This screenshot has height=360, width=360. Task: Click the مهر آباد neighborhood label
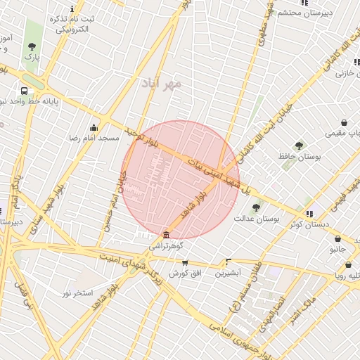point(161,83)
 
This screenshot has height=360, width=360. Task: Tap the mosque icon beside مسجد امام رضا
point(94,127)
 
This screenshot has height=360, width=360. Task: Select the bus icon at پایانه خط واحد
point(25,91)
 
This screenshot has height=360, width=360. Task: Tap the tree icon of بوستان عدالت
point(257,207)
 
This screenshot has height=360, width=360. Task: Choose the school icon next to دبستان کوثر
point(309,213)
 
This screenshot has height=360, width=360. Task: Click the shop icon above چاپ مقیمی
point(344,122)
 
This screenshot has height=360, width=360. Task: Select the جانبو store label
point(338,249)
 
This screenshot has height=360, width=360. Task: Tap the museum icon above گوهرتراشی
point(166,235)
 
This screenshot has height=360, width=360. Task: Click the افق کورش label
point(185,272)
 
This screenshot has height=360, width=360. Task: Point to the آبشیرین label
point(228,271)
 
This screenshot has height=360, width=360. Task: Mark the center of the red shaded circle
point(181,180)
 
